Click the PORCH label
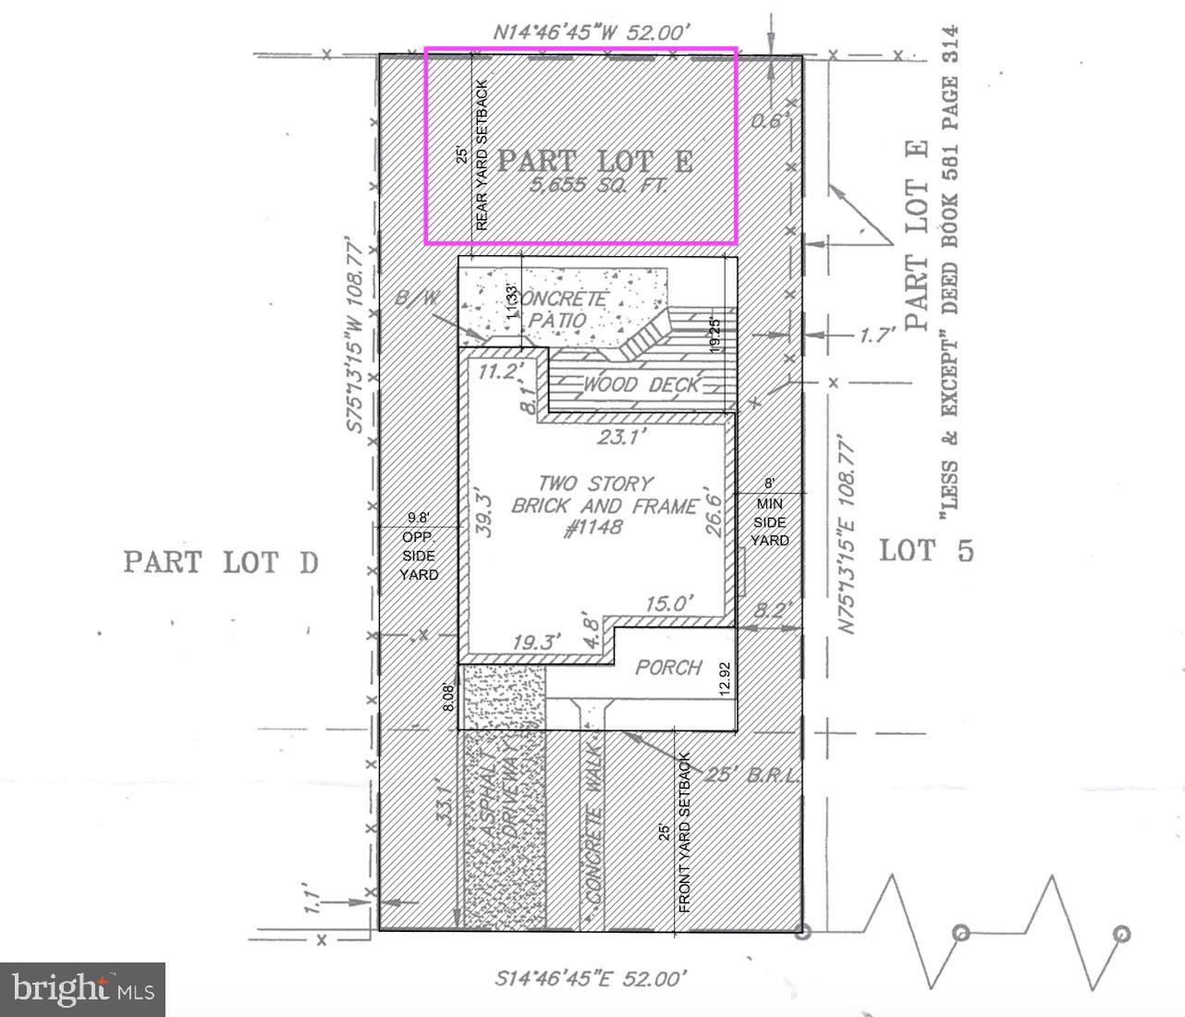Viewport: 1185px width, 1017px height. pos(668,668)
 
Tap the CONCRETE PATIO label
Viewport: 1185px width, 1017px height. pos(560,310)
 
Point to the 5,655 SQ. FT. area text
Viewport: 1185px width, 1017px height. pos(598,186)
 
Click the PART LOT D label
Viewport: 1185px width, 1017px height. pos(221,561)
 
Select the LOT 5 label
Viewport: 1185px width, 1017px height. pos(926,551)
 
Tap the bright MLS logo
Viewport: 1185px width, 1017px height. pos(82,989)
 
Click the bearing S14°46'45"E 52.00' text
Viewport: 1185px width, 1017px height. pos(592,977)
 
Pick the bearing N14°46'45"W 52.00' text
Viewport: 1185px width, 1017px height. pos(592,32)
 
